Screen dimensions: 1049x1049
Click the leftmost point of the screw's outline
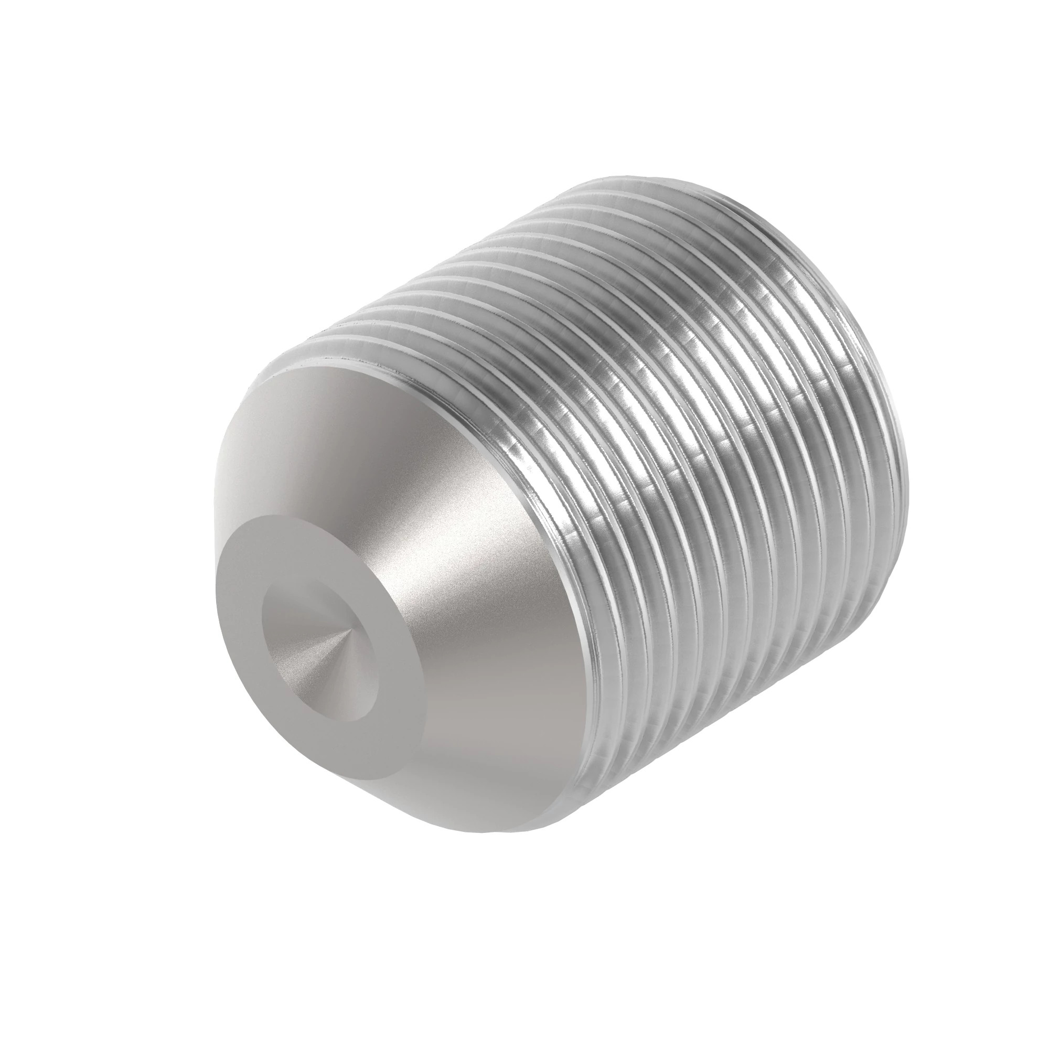point(215,641)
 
